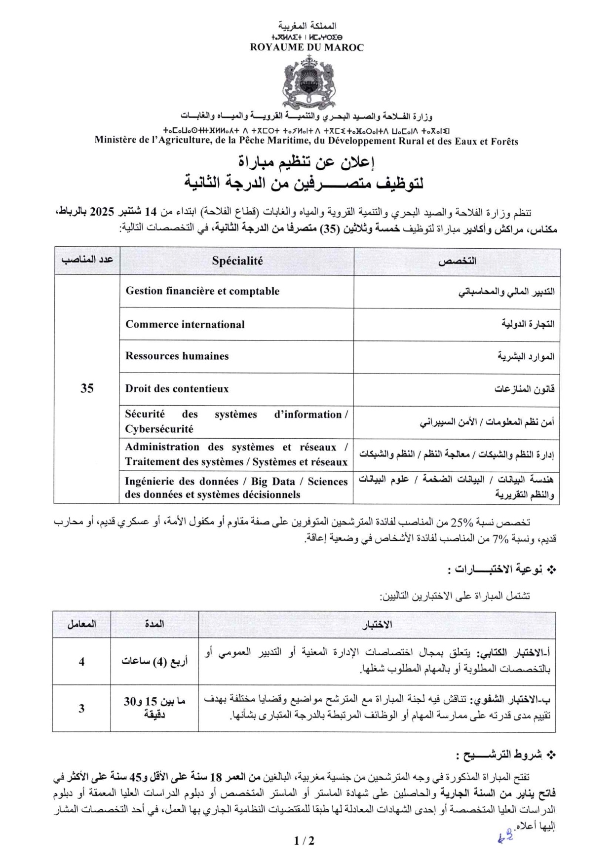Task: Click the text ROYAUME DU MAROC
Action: [307, 48]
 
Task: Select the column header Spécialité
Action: [237, 262]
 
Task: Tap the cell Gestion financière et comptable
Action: [202, 291]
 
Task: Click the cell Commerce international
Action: [185, 325]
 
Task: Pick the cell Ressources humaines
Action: [177, 356]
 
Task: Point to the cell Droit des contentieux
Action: [177, 389]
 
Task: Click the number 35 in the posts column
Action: [87, 389]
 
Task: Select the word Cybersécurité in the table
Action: [159, 429]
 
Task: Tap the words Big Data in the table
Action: [273, 482]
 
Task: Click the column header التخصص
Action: [457, 262]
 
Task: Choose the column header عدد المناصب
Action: [87, 260]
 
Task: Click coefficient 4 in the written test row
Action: [81, 662]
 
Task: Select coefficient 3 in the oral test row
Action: [81, 709]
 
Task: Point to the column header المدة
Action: [154, 624]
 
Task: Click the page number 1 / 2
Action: [304, 840]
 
